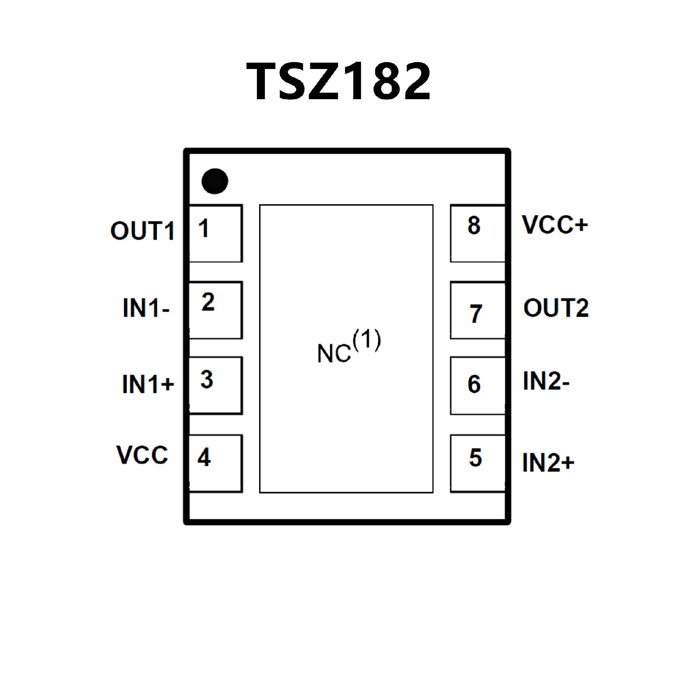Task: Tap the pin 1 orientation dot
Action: pyautogui.click(x=215, y=181)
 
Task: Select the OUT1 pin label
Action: pyautogui.click(x=143, y=231)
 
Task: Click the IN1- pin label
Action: pyautogui.click(x=146, y=308)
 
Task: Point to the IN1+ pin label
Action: pyautogui.click(x=148, y=384)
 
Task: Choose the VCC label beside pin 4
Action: pyautogui.click(x=142, y=455)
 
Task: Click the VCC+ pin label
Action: pyautogui.click(x=555, y=225)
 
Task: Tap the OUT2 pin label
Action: pyautogui.click(x=556, y=308)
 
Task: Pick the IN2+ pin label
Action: pyautogui.click(x=548, y=463)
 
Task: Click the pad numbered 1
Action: pyautogui.click(x=216, y=234)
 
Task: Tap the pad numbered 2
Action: pyautogui.click(x=216, y=310)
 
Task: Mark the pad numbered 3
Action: pyautogui.click(x=216, y=385)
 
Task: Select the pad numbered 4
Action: pyautogui.click(x=216, y=463)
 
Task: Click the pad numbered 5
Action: pyautogui.click(x=478, y=463)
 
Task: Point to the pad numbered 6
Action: pyautogui.click(x=478, y=385)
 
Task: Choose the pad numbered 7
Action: pyautogui.click(x=478, y=310)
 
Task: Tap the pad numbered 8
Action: pyautogui.click(x=478, y=234)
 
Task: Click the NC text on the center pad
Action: pyautogui.click(x=334, y=353)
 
